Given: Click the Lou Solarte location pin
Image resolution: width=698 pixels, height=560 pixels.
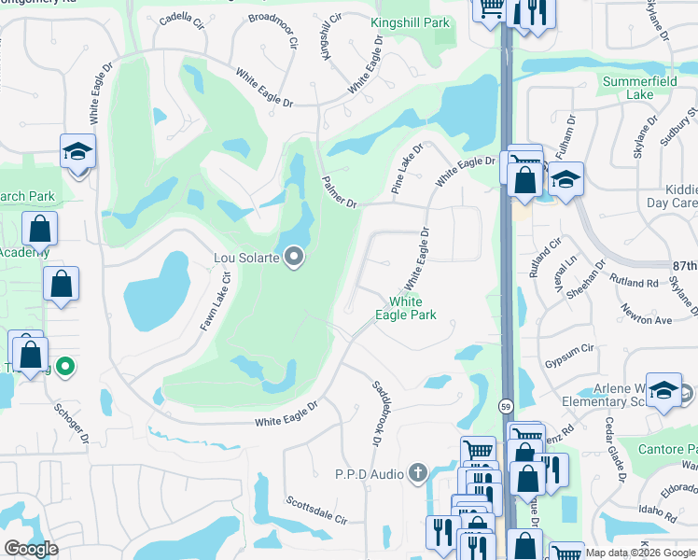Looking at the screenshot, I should point(295,256).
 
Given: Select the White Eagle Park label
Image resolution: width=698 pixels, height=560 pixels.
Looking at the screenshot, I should point(406,308).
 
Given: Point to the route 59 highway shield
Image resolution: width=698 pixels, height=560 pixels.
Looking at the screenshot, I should point(505,406).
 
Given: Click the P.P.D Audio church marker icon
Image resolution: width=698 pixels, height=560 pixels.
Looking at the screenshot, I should point(417,473).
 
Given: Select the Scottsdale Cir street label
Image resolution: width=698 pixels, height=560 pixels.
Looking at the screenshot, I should point(316,510).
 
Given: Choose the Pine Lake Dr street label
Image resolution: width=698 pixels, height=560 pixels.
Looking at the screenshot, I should point(407,168).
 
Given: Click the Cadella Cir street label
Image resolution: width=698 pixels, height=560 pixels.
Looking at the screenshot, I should point(182,19).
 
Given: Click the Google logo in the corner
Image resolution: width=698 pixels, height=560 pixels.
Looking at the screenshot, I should point(32,549).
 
